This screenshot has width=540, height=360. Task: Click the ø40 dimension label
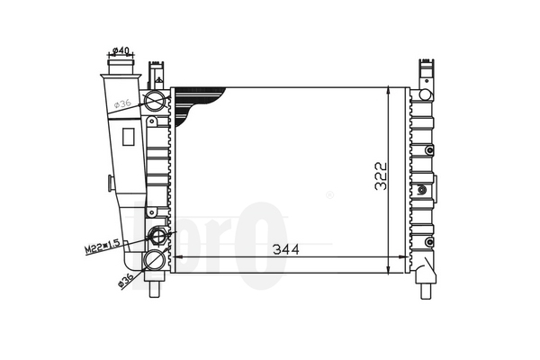[x=121, y=50]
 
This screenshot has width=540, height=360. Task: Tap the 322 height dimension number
[x=381, y=176]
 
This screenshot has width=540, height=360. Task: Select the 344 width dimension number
[x=286, y=249]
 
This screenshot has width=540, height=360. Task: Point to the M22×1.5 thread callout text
[x=103, y=247]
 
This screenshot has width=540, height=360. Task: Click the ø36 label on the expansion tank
[x=122, y=103]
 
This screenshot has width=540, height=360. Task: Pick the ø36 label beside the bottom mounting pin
[x=125, y=280]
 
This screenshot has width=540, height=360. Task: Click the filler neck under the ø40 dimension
[x=121, y=67]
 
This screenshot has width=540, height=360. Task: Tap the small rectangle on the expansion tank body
[x=128, y=137]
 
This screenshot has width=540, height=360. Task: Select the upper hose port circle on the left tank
[x=154, y=100]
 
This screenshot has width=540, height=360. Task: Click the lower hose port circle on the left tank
[x=154, y=260]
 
